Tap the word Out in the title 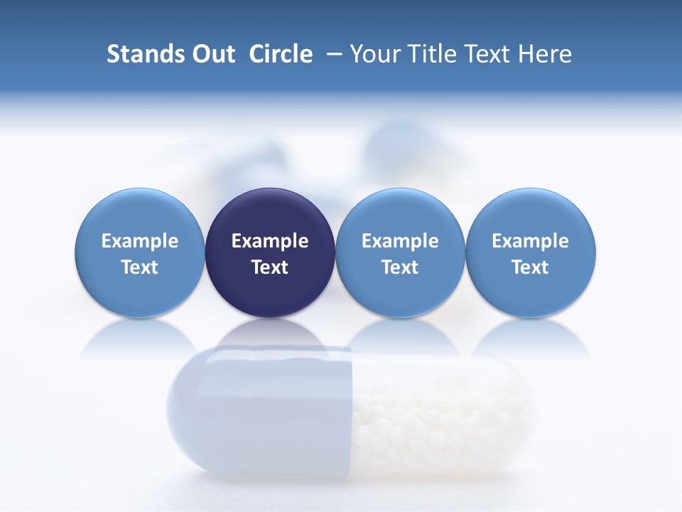coord(213,54)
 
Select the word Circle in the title coord(281,54)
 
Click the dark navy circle coord(270,213)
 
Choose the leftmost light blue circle coord(139,213)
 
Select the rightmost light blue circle coord(531,213)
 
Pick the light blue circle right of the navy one coord(400,213)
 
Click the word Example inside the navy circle coord(270,241)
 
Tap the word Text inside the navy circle coord(270,267)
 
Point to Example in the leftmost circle coord(140,241)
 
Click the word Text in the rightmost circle coord(531,267)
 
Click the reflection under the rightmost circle coord(531,338)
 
